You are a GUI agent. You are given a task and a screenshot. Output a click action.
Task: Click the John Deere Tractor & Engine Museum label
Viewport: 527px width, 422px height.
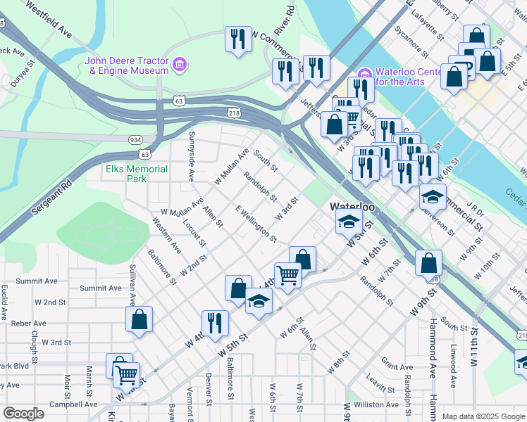pyautogui.click(x=127, y=65)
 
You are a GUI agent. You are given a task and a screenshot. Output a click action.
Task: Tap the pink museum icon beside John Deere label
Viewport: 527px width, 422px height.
pyautogui.click(x=180, y=65)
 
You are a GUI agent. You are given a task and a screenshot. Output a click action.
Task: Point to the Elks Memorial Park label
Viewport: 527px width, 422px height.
pyautogui.click(x=137, y=174)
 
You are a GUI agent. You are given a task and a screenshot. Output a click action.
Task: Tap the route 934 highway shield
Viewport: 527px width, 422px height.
pyautogui.click(x=135, y=140)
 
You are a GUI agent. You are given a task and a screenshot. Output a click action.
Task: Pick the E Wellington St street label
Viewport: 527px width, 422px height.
pyautogui.click(x=256, y=224)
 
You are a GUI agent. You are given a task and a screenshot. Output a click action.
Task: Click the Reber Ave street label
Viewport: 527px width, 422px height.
pyautogui.click(x=29, y=323)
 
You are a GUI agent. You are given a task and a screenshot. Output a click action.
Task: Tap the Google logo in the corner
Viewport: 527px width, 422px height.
pyautogui.click(x=23, y=414)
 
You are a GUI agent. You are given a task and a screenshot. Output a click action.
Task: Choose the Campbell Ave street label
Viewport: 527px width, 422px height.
pyautogui.click(x=73, y=404)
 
